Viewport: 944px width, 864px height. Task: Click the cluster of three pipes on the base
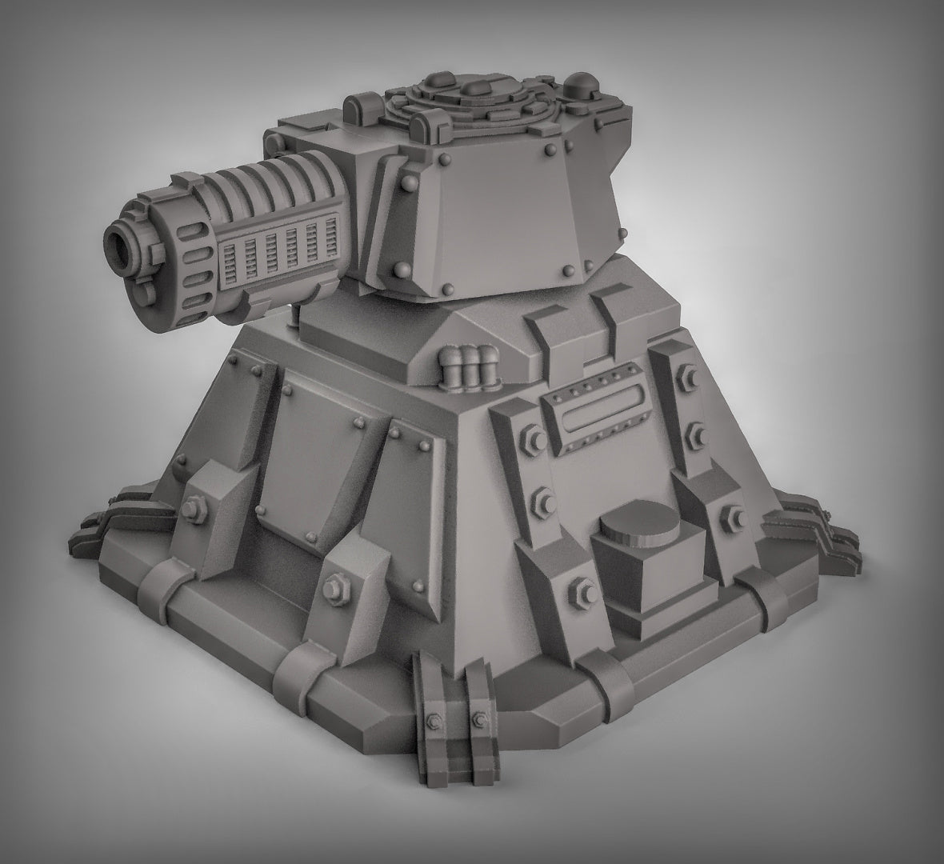pos(470,365)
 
